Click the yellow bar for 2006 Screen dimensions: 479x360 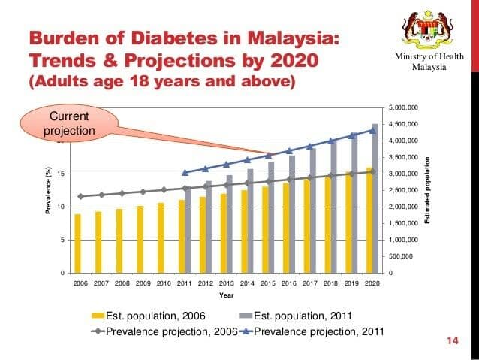[x=77, y=244]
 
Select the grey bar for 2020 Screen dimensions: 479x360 [x=375, y=198]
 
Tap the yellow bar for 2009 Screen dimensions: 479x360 [x=140, y=240]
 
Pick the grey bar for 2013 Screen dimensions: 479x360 [x=229, y=224]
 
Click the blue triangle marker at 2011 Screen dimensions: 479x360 [x=185, y=173]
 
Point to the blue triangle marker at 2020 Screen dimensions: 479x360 [x=372, y=131]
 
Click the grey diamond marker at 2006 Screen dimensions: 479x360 [x=80, y=196]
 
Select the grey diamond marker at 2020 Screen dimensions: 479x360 [x=372, y=171]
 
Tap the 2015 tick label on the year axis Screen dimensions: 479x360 [x=268, y=283]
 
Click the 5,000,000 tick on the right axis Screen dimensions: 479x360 [x=403, y=107]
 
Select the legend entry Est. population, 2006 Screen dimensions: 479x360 [x=149, y=316]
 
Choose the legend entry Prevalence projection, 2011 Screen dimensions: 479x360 [x=312, y=331]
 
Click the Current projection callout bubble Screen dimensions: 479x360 [x=69, y=123]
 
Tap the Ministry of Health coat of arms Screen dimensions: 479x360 [x=428, y=29]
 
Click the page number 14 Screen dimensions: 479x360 [x=453, y=340]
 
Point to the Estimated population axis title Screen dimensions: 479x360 [x=427, y=190]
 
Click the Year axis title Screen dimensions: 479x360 [x=227, y=295]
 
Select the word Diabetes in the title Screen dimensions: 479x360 [x=174, y=38]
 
